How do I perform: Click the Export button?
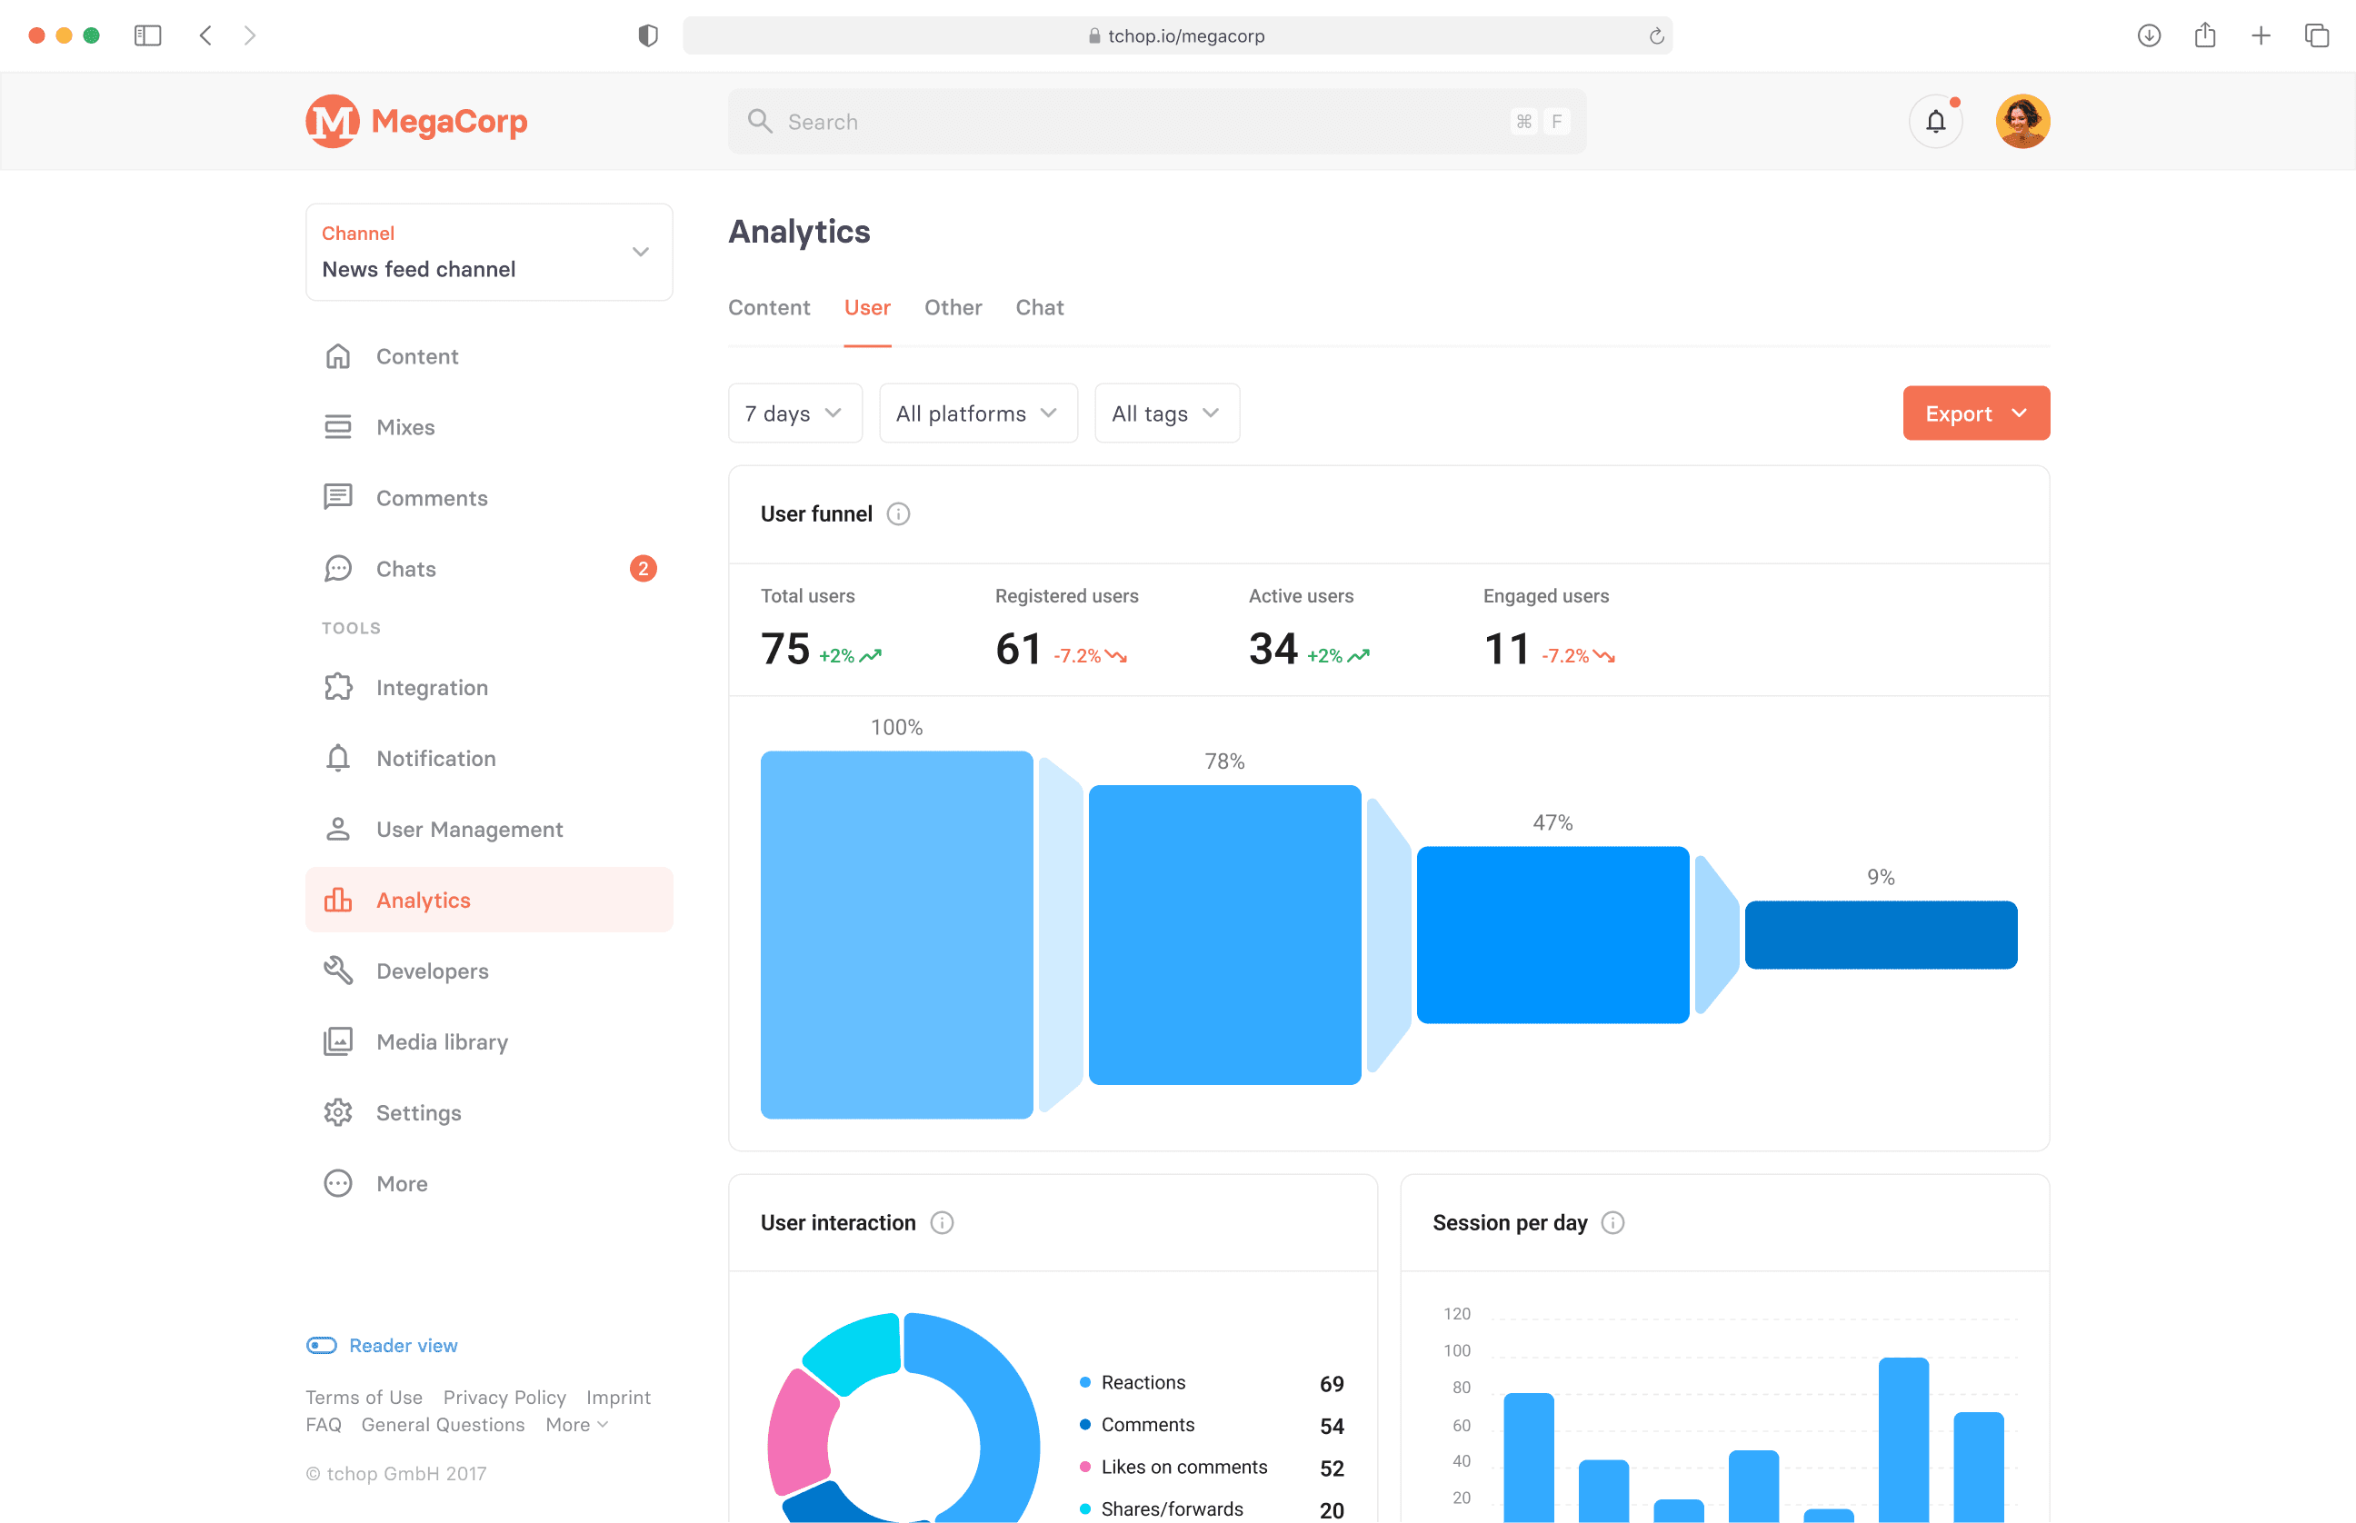[1974, 413]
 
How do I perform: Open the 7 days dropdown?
[794, 413]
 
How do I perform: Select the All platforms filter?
[977, 413]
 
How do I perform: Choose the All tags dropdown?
[1165, 413]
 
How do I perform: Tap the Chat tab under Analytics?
[1039, 307]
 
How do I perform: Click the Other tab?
[953, 307]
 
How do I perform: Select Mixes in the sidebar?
[405, 427]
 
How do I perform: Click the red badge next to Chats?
[643, 569]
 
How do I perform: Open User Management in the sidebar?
[469, 830]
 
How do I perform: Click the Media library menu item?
[441, 1042]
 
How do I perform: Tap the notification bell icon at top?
[1934, 122]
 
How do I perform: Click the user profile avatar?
[2022, 122]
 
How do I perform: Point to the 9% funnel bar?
[1880, 934]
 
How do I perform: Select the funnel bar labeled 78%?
[1223, 934]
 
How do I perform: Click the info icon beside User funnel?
[898, 514]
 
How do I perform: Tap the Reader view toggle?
[322, 1345]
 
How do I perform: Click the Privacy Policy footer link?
[504, 1398]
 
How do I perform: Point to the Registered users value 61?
[1018, 650]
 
